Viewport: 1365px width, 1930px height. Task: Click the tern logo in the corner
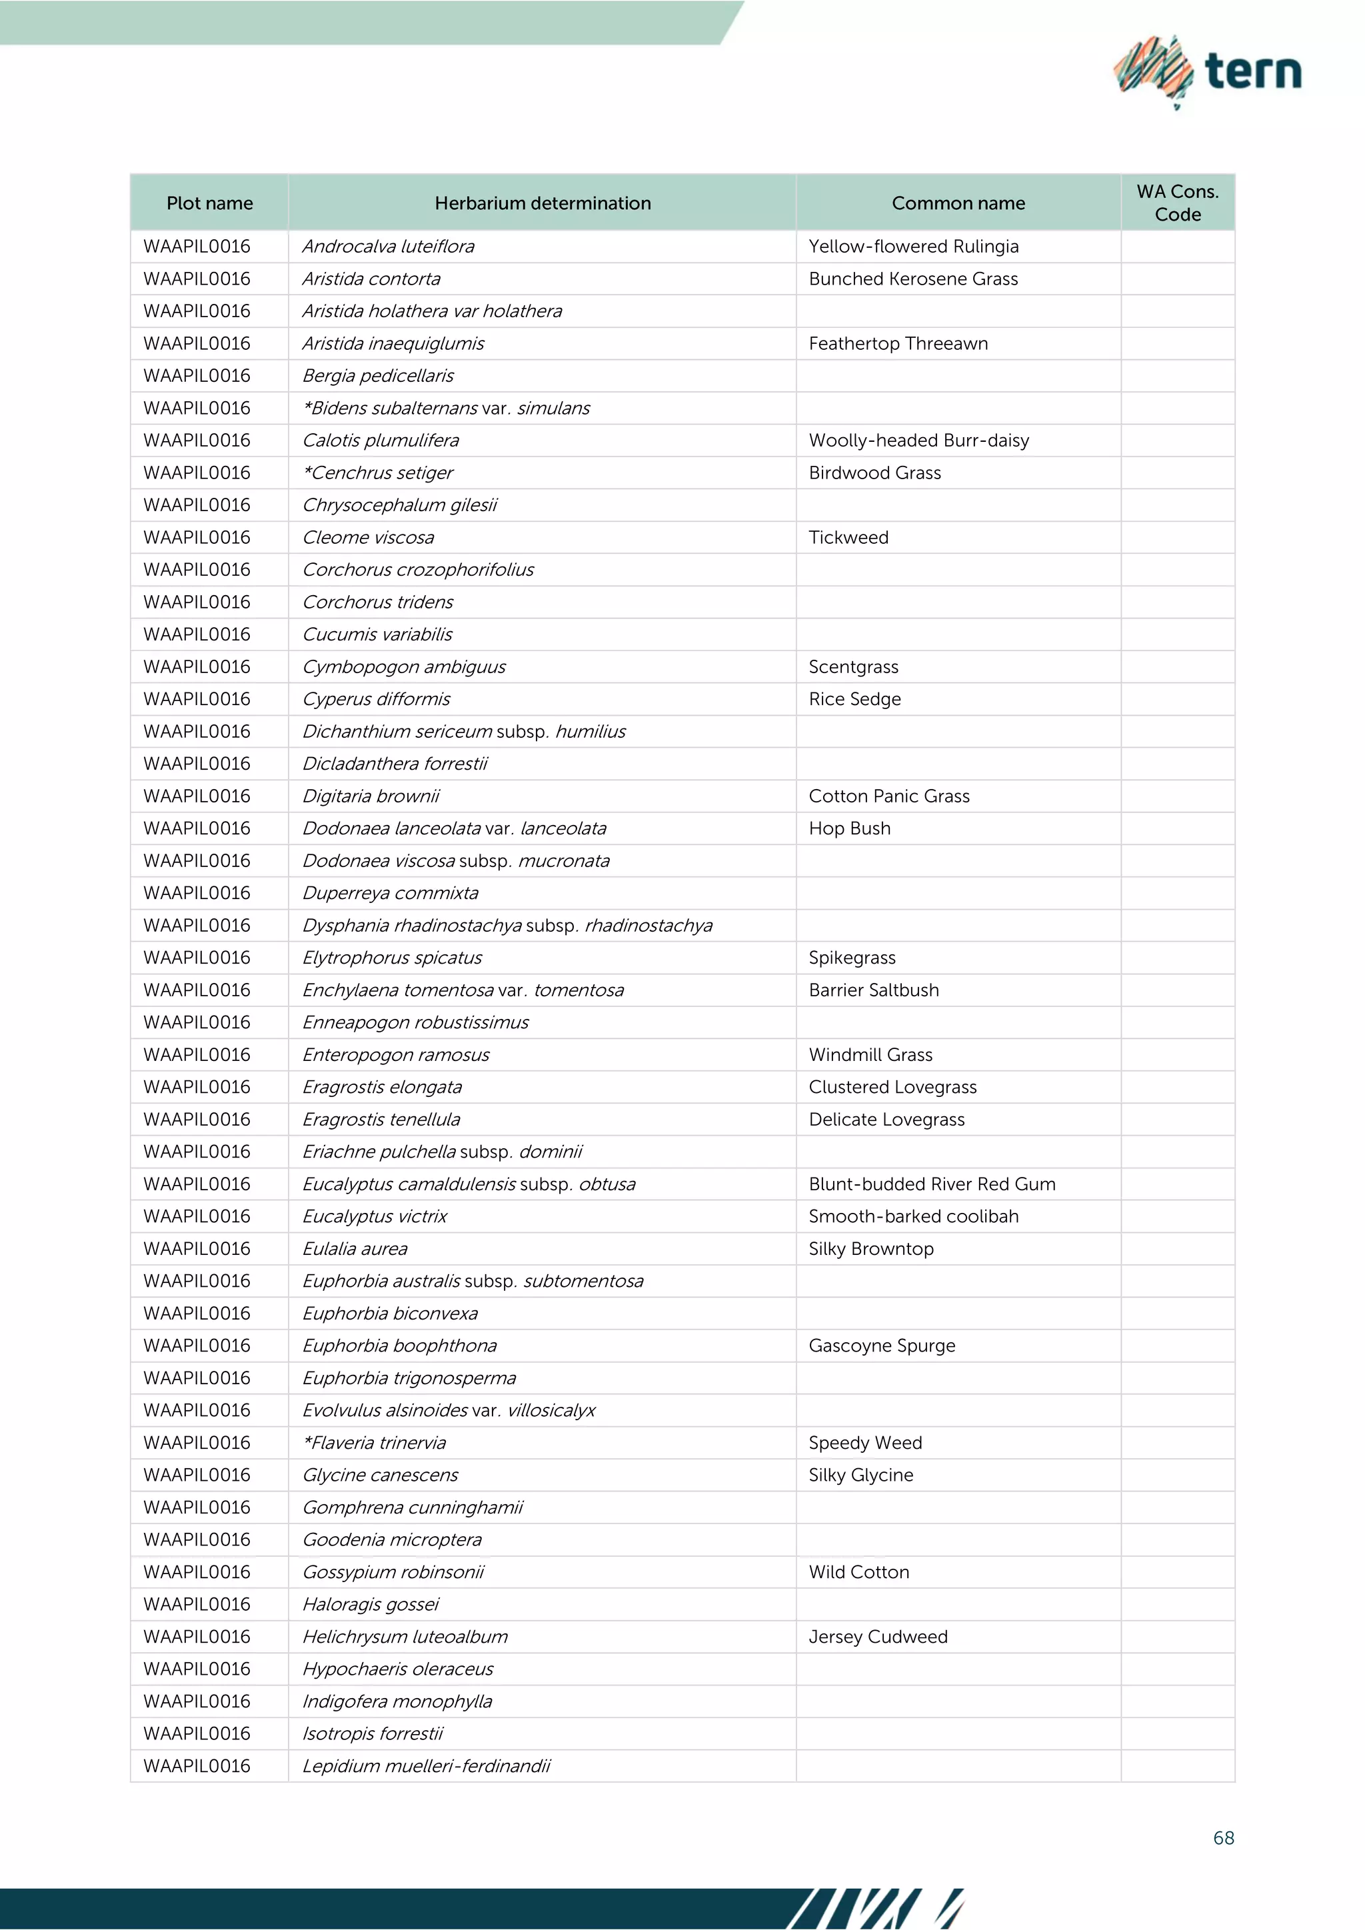point(1207,71)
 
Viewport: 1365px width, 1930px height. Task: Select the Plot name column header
point(209,203)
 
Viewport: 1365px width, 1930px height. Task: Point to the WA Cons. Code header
point(1177,203)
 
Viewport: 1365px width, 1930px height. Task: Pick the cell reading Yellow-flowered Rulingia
point(913,247)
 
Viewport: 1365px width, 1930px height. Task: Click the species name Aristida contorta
point(371,279)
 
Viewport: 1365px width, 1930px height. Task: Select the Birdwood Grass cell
point(874,473)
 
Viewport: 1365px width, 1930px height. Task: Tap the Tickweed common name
point(848,537)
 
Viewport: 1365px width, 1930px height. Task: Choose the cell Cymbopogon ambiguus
point(403,666)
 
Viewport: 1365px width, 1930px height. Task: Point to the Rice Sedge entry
point(854,699)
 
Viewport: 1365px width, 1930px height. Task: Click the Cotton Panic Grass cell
point(888,796)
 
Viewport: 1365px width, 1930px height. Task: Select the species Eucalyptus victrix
point(374,1216)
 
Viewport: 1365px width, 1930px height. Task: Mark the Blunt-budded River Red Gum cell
point(931,1184)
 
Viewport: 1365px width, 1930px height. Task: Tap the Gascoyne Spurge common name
point(882,1346)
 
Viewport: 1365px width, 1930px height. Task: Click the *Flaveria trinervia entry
point(374,1442)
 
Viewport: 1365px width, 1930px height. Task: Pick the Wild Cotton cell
point(858,1572)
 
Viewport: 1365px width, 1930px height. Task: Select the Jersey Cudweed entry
point(878,1637)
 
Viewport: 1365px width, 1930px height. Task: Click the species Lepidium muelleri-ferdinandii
point(426,1766)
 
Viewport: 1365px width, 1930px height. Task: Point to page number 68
point(1223,1839)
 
